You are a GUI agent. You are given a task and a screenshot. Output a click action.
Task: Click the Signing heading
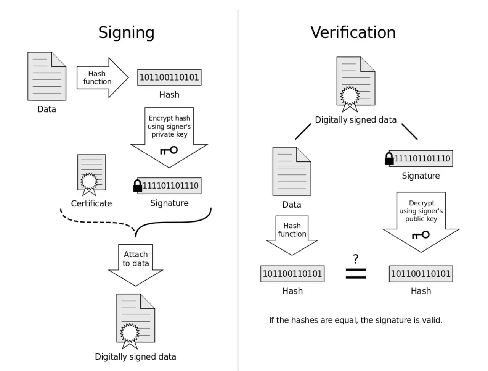pos(126,33)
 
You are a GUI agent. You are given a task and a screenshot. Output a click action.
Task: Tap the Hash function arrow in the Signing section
pos(103,77)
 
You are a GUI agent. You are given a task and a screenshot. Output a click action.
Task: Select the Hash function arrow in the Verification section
pos(292,235)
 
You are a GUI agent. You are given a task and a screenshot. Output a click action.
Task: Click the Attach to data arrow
pos(135,265)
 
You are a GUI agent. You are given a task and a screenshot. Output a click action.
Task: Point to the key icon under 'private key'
pos(169,150)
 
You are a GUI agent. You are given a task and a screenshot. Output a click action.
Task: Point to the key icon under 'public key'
pos(421,235)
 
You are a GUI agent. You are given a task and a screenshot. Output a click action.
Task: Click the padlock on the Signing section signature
pos(137,185)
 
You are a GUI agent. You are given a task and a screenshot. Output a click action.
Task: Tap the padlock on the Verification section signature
pos(389,158)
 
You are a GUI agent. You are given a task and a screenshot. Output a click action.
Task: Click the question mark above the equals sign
pos(355,259)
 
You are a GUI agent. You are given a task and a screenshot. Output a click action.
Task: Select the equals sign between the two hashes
pos(355,274)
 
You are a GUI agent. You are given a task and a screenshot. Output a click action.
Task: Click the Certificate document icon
pos(91,175)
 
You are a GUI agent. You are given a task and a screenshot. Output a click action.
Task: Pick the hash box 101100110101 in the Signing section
pos(169,77)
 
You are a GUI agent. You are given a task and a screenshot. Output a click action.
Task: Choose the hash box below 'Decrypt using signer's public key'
pos(421,274)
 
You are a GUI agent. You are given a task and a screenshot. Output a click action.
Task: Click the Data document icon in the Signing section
pos(47,76)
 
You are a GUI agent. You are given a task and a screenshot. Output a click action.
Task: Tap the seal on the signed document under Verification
pos(350,98)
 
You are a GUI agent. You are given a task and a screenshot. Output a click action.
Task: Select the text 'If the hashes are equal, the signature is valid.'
pos(355,320)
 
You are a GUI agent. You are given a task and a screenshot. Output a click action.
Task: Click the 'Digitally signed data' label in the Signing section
pos(135,357)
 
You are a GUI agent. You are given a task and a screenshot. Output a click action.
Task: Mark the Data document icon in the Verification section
pos(292,171)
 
